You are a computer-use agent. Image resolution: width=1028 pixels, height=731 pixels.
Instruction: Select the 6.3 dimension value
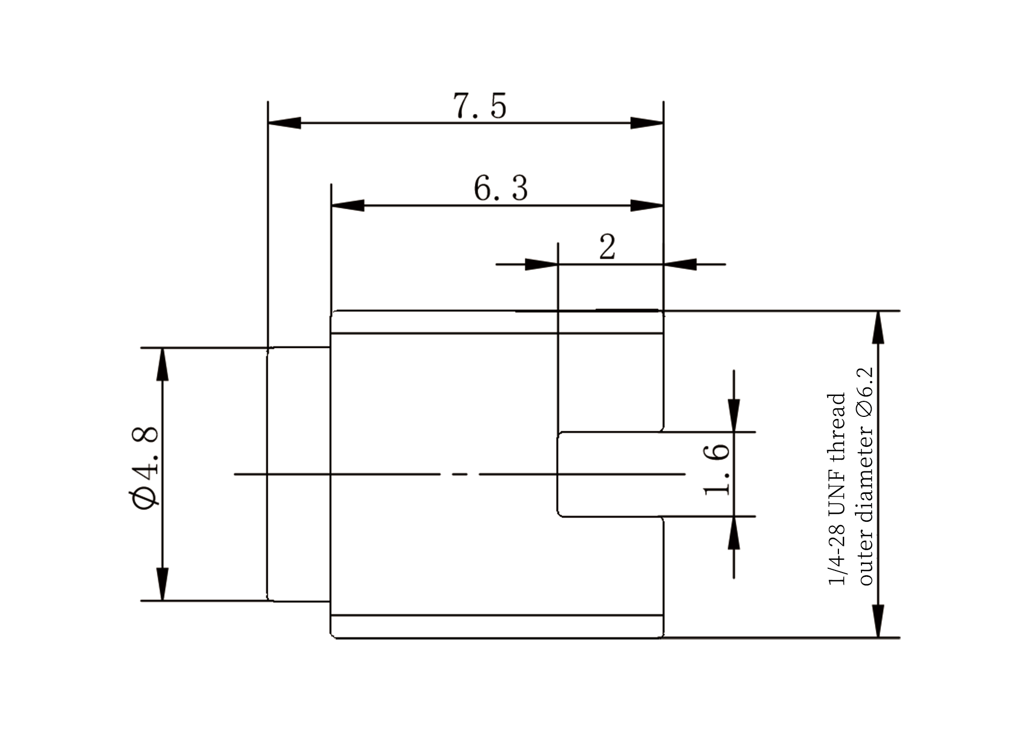(501, 188)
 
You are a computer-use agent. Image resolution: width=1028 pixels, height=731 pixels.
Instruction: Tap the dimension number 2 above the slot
(607, 247)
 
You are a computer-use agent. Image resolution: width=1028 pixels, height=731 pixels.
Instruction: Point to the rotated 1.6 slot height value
(716, 469)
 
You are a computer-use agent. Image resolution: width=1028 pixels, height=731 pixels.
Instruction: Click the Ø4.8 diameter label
(144, 468)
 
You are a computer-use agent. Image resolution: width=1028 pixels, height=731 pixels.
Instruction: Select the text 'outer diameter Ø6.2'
(865, 476)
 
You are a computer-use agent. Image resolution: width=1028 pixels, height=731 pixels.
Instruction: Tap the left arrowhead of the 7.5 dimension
(284, 123)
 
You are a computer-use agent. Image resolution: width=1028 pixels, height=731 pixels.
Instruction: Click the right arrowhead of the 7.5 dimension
(647, 123)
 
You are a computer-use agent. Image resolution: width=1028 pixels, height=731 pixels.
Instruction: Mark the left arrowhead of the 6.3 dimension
(348, 205)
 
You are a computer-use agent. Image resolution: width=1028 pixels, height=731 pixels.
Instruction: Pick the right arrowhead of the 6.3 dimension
(647, 205)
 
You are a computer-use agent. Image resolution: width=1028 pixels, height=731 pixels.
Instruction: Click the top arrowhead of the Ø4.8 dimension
(162, 364)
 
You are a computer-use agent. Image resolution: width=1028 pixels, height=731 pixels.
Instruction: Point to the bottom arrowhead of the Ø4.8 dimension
(162, 584)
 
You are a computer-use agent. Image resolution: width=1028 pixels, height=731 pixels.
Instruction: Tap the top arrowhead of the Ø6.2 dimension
(878, 327)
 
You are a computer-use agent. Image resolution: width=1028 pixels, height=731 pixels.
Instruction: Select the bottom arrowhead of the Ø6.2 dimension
(878, 621)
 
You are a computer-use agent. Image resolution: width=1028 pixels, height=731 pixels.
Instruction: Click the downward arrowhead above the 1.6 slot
(734, 416)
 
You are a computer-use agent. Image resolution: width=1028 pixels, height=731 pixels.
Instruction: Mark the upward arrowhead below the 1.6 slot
(734, 533)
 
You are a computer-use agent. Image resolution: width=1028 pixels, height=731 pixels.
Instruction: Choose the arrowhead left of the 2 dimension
(541, 264)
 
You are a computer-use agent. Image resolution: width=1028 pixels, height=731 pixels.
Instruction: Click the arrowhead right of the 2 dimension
(680, 264)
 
